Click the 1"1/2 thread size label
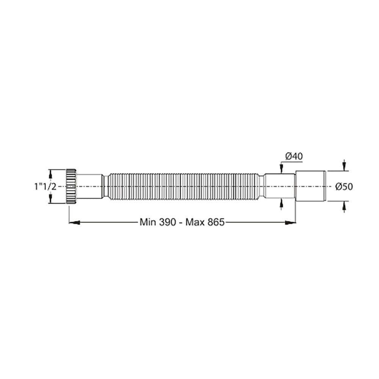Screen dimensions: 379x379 45,186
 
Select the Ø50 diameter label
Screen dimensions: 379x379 344,186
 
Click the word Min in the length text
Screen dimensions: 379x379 147,222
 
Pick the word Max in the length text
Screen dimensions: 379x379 196,222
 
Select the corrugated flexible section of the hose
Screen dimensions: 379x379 182,186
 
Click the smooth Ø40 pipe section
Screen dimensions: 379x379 280,186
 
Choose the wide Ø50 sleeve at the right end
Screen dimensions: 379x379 310,186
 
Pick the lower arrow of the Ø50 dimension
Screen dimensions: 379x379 344,206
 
